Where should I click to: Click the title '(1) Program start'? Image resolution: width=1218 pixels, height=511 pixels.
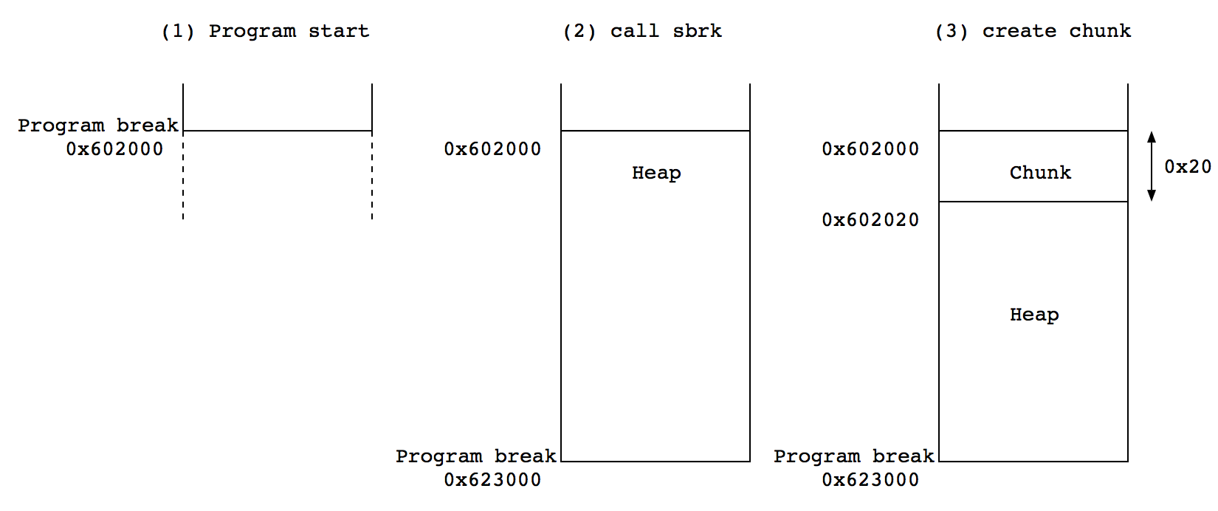coord(265,31)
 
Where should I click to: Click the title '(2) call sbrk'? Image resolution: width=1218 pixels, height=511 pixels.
coord(642,31)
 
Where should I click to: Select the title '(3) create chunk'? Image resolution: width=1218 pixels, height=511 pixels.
coord(1033,31)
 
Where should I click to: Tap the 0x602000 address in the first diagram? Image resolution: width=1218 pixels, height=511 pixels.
coord(114,148)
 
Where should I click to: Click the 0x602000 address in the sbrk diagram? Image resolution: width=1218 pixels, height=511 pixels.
coord(492,148)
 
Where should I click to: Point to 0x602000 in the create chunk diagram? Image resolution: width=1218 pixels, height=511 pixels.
coord(870,148)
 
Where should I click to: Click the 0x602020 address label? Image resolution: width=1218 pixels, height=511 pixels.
coord(870,219)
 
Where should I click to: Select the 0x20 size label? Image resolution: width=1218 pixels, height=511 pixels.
coord(1187,167)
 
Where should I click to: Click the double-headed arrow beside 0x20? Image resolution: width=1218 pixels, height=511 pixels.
coord(1151,166)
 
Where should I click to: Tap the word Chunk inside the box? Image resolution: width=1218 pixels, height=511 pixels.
coord(1040,172)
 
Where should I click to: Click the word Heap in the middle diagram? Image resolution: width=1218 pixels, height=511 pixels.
coord(656,172)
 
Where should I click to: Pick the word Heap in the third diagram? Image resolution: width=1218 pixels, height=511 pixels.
coord(1034,314)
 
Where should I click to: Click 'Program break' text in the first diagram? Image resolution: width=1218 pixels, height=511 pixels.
coord(97,125)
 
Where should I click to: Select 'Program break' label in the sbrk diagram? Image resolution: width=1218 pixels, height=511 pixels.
coord(475,456)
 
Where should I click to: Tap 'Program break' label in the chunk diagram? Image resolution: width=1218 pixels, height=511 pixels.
coord(853,456)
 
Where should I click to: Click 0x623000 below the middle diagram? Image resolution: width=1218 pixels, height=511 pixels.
coord(492,479)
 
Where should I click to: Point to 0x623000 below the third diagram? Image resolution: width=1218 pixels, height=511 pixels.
coord(870,479)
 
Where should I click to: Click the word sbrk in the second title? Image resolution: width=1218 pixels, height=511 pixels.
coord(697,31)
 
